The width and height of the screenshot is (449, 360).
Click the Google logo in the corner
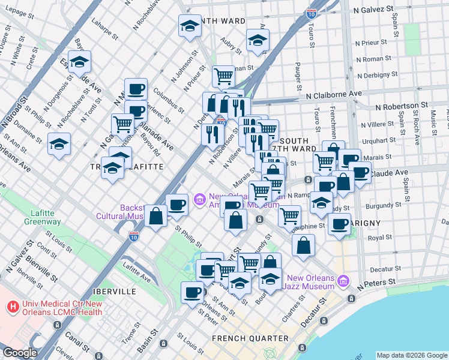20,353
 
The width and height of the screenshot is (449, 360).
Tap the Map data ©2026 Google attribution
412,355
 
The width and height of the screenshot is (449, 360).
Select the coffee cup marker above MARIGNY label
340,224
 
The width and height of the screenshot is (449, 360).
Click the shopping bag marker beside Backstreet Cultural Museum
156,216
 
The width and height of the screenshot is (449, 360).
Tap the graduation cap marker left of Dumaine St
59,144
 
